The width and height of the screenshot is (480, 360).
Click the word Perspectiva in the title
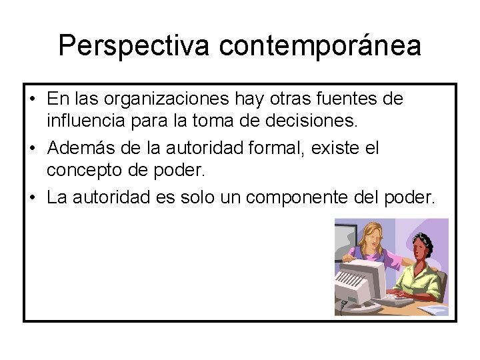coord(133,45)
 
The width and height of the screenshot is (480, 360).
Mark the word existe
coord(337,147)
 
